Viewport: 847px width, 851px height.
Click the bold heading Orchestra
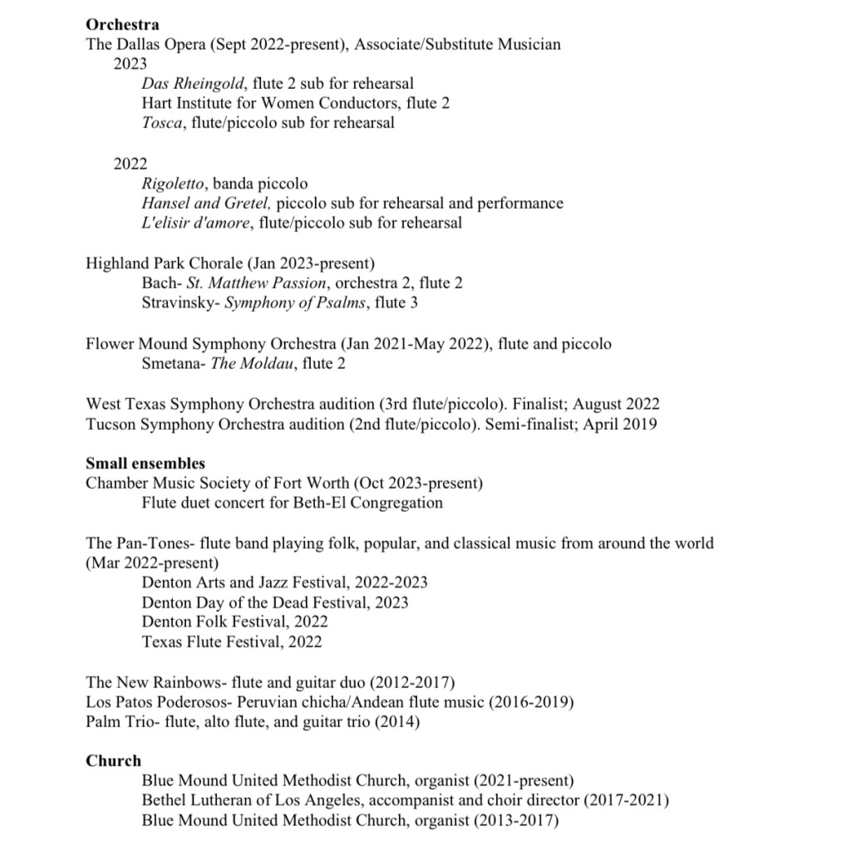pyautogui.click(x=122, y=24)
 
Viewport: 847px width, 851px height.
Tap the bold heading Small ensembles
pyautogui.click(x=145, y=463)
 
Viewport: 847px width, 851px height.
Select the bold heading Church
pyautogui.click(x=113, y=760)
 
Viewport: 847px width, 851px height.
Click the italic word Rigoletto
pyautogui.click(x=174, y=183)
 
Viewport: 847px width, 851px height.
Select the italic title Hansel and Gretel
pyautogui.click(x=206, y=203)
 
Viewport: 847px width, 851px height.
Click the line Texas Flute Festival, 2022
pyautogui.click(x=232, y=642)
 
